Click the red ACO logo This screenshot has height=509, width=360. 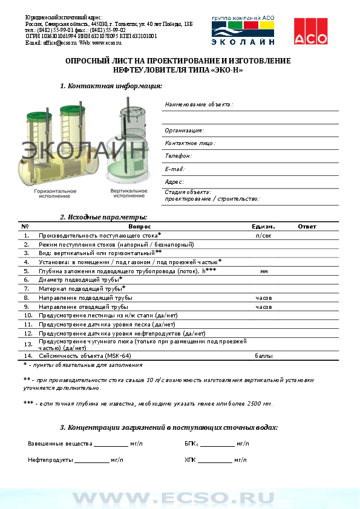(x=310, y=31)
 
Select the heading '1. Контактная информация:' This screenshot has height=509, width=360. (x=111, y=86)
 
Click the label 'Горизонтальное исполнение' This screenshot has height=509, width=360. (x=55, y=193)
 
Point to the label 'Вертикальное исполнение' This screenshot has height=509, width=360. (x=129, y=193)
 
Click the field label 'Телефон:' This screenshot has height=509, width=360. (x=178, y=156)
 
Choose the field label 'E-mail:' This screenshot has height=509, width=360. (x=175, y=169)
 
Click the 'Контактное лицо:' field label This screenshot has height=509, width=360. (x=189, y=143)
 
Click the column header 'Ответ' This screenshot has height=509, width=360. (x=307, y=227)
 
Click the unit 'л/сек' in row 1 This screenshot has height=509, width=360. (x=264, y=235)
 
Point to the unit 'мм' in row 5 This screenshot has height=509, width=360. (x=264, y=271)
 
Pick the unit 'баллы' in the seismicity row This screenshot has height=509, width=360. (x=264, y=356)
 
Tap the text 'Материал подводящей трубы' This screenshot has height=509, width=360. (x=80, y=289)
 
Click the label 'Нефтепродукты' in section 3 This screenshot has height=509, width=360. (x=50, y=460)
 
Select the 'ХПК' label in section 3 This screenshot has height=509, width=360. (x=190, y=460)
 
